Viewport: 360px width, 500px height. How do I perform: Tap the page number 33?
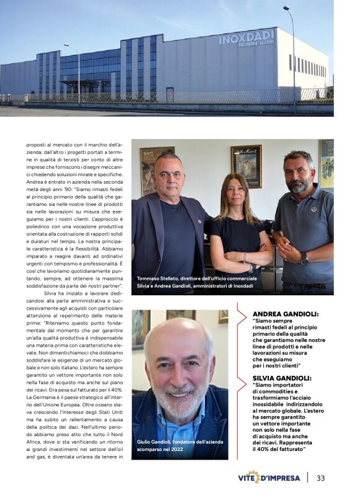click(x=321, y=478)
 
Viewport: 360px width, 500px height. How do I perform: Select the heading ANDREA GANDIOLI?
click(x=285, y=315)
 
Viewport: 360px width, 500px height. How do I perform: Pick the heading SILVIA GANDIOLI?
click(x=283, y=378)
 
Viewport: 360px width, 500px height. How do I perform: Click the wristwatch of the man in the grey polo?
click(x=305, y=259)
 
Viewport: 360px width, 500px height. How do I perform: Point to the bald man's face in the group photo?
click(x=169, y=176)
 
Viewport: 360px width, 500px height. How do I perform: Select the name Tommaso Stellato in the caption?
click(x=158, y=279)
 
